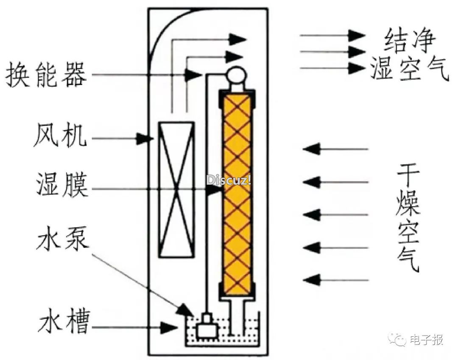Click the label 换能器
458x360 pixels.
46,74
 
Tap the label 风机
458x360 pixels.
61,135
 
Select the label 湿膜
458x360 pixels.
62,185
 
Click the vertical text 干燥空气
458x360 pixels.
408,217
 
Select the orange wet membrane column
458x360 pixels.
237,194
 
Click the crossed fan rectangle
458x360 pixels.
176,189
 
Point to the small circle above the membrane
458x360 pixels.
237,75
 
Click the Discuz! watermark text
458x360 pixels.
229,180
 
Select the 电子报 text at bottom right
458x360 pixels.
427,340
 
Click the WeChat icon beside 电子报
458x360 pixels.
397,339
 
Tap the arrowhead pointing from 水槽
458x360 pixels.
169,327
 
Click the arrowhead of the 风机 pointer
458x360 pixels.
145,138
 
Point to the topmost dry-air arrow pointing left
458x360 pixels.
335,149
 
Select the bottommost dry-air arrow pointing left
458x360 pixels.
335,280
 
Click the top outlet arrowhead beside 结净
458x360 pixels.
357,35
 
